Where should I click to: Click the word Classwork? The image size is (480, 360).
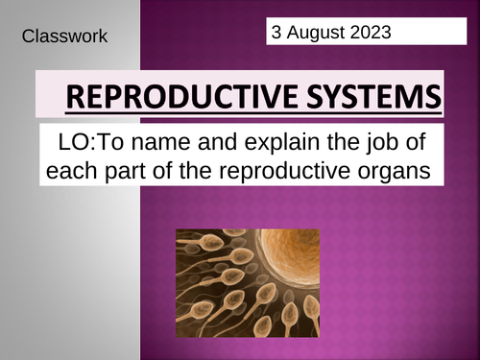(63, 37)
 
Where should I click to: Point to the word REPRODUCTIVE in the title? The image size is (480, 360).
(186, 99)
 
